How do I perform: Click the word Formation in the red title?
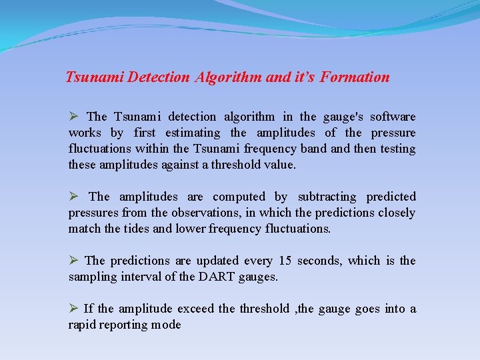[x=355, y=77]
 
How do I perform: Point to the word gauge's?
[x=341, y=117]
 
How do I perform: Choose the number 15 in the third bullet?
[x=285, y=261]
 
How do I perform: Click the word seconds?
[x=319, y=261]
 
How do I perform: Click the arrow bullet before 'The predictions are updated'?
[x=74, y=260]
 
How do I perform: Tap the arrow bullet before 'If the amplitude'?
[x=74, y=308]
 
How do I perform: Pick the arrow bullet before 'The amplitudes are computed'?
[x=74, y=196]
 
